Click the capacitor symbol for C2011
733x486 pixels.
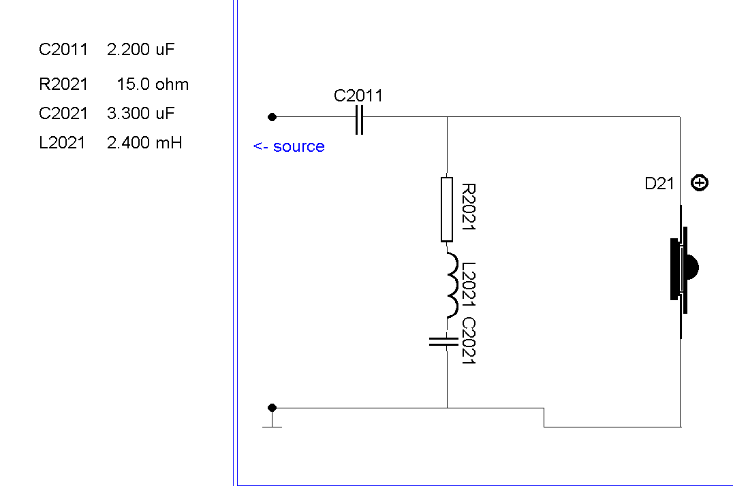point(360,118)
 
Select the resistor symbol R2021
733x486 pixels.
point(447,209)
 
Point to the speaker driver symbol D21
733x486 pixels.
point(683,268)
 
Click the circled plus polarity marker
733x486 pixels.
point(700,182)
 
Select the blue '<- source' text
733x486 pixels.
point(289,146)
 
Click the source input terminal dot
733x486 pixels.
point(272,117)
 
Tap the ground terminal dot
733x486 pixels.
point(272,408)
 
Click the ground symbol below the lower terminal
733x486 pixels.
point(272,425)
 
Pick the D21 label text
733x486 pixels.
point(659,183)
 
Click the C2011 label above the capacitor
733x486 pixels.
point(358,96)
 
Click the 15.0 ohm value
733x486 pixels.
point(153,84)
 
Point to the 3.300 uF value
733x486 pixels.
point(141,113)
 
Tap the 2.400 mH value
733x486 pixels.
point(144,143)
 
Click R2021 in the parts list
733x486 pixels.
point(63,84)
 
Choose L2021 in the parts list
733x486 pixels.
point(62,143)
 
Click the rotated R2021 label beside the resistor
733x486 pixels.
point(468,206)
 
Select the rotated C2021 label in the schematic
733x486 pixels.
point(468,340)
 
